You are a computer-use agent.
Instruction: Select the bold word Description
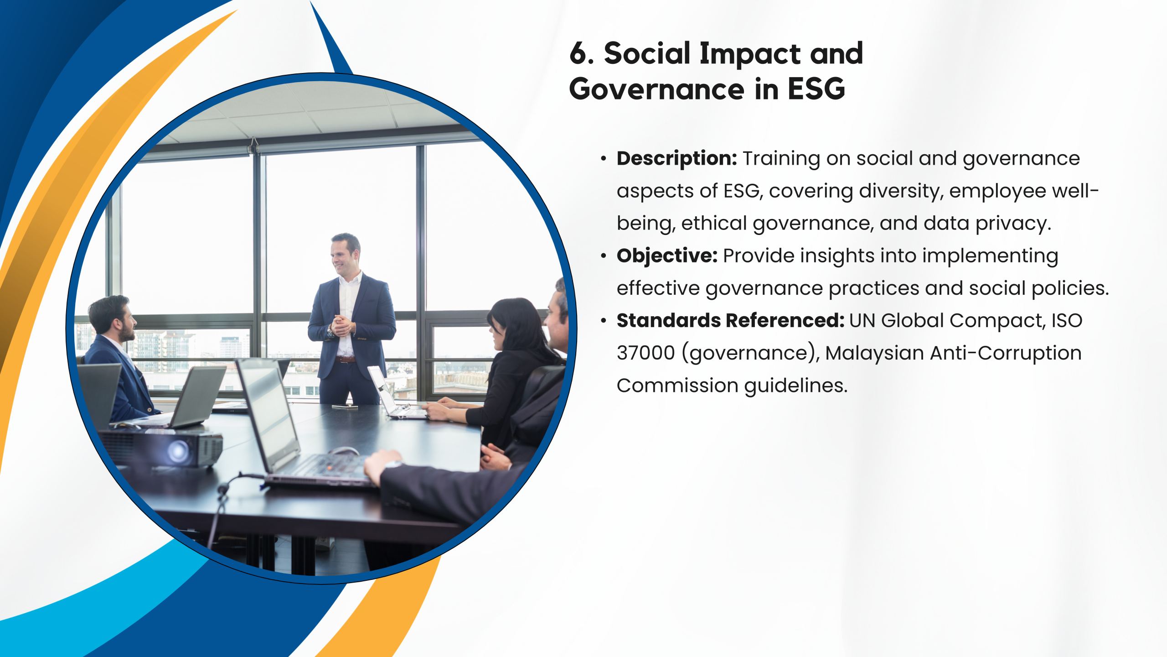click(677, 159)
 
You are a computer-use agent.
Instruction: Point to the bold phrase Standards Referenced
click(731, 321)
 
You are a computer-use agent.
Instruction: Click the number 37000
click(645, 353)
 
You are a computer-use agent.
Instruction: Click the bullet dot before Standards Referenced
click(604, 321)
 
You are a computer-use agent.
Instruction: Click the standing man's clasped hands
click(342, 325)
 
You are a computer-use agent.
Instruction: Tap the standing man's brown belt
click(346, 360)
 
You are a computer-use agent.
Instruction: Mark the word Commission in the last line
click(677, 386)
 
